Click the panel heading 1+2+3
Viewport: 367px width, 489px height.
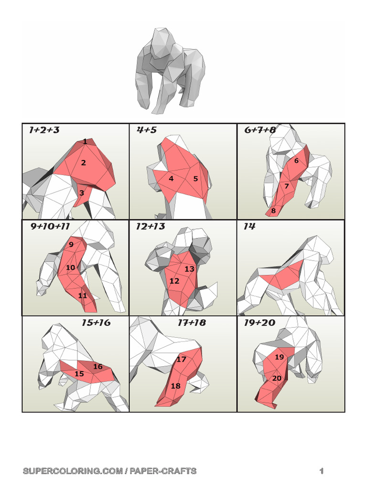point(44,130)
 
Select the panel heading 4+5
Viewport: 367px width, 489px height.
point(147,130)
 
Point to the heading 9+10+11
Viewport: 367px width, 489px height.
point(50,226)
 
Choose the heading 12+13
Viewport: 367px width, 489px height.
point(151,226)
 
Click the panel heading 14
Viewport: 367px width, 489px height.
point(249,226)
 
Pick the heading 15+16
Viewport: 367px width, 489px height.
point(96,322)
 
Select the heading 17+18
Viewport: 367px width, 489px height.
point(192,322)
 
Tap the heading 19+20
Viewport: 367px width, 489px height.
point(259,322)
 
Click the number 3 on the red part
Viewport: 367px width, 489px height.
point(82,193)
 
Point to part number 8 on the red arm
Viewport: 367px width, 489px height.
point(273,211)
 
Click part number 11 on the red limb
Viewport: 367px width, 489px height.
point(82,295)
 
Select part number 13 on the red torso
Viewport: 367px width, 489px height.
point(189,269)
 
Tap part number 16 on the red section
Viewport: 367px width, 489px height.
point(97,366)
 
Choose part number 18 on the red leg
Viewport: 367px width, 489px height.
point(176,386)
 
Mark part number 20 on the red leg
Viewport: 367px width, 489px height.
point(277,378)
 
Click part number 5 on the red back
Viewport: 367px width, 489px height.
point(195,179)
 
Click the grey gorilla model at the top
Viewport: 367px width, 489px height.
point(170,71)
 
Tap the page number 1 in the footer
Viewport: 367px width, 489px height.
point(322,471)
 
